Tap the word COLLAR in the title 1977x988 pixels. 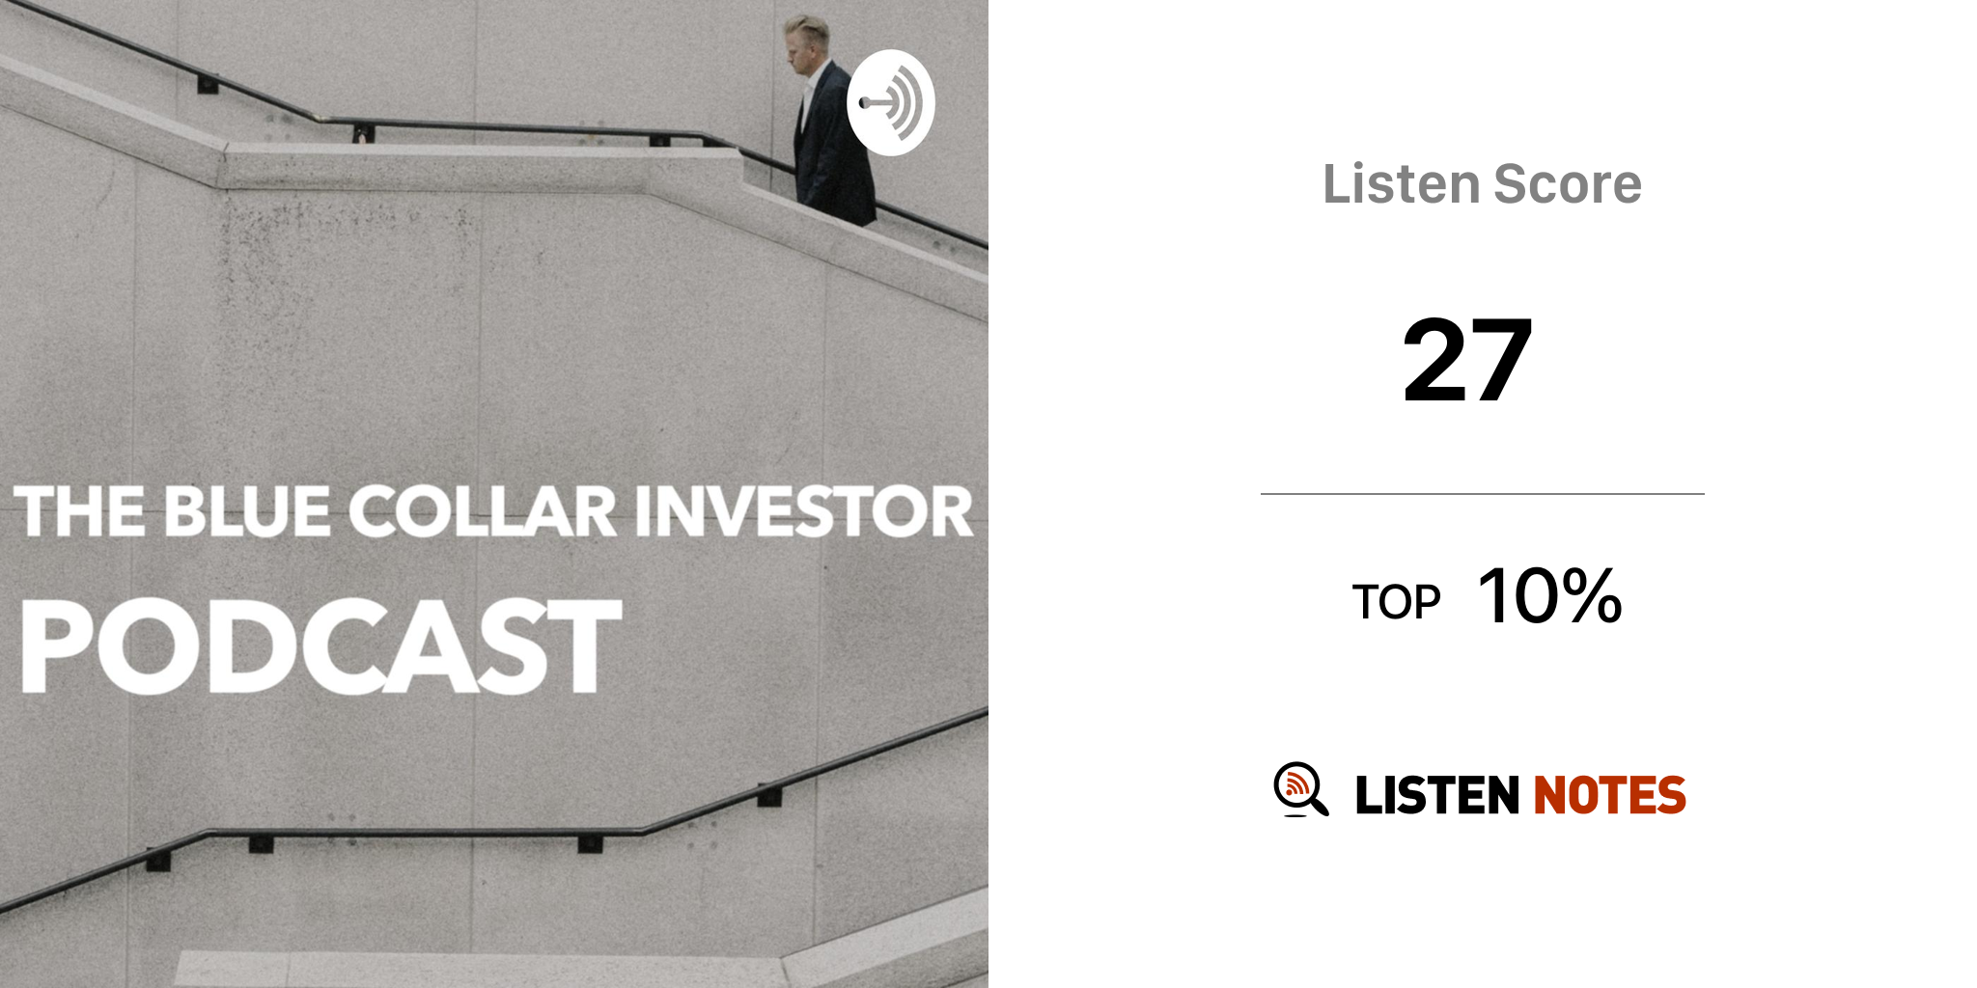pos(482,511)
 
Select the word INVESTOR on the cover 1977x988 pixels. pos(804,511)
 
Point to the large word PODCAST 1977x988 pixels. pos(321,645)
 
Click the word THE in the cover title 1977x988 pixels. pos(80,511)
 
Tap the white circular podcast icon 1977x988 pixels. pos(890,102)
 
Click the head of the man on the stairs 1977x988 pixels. pos(807,44)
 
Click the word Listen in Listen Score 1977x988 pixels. pos(1401,183)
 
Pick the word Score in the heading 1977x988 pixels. pos(1568,183)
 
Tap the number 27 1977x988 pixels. pos(1467,360)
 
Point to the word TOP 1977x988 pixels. pos(1396,602)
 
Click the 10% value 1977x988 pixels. pos(1550,596)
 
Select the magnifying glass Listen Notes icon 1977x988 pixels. pos(1300,789)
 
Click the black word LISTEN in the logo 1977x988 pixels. pos(1437,795)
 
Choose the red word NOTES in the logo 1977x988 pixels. pos(1609,795)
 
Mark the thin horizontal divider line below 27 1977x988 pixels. pos(1483,494)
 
